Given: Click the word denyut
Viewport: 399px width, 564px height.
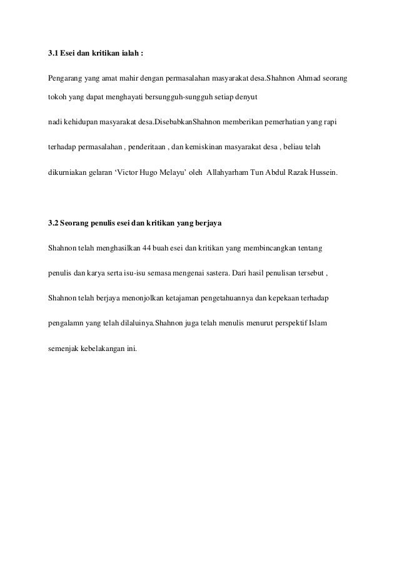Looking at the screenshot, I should click(254, 99).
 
